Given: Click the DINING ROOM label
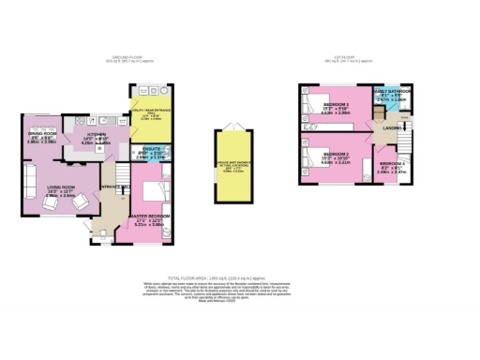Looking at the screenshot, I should (x=42, y=134).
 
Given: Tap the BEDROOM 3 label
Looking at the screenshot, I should (x=336, y=105).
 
